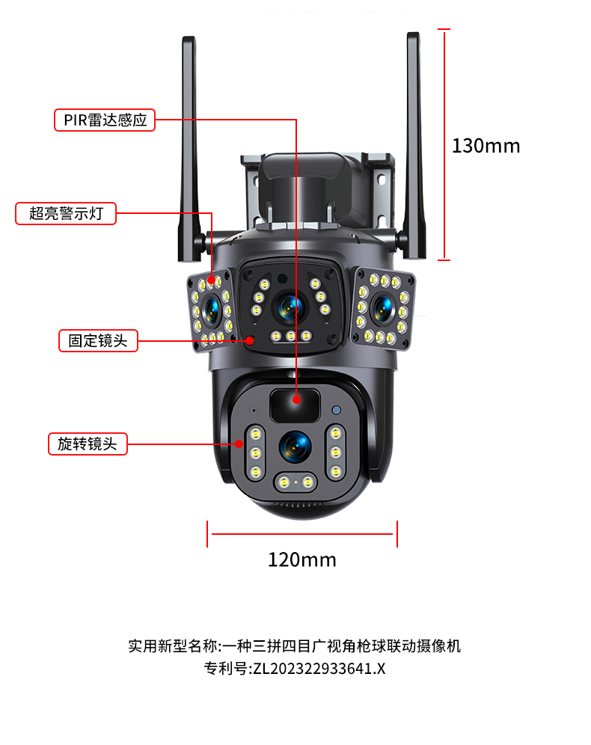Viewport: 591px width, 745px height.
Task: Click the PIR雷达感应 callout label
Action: point(105,120)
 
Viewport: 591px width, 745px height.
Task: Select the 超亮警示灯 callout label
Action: point(66,213)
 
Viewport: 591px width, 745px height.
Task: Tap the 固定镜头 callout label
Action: point(98,341)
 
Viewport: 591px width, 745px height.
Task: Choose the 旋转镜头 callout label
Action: point(88,443)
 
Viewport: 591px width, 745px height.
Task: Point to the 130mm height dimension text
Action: point(486,146)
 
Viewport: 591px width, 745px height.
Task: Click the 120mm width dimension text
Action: point(301,559)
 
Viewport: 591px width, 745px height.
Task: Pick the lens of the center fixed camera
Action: point(289,304)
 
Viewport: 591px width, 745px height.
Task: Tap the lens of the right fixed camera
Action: point(383,307)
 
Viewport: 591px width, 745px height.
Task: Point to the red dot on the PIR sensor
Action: point(297,400)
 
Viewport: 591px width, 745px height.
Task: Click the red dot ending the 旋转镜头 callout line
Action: point(240,444)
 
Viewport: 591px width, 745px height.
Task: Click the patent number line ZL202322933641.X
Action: point(295,669)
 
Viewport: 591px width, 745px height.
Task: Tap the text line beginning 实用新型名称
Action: point(295,646)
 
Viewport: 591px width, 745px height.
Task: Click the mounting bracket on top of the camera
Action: point(318,187)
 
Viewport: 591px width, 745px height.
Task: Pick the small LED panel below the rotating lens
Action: point(295,482)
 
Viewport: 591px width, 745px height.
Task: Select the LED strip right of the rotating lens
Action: point(336,453)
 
